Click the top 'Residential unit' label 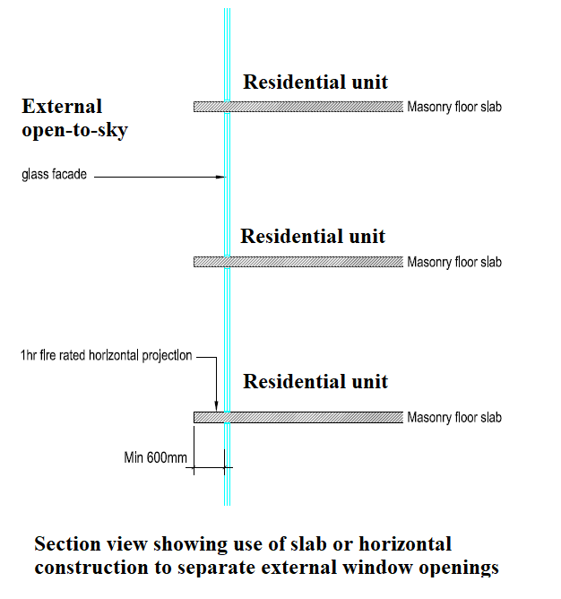[315, 82]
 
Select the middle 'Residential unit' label [313, 236]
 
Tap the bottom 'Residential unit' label [315, 381]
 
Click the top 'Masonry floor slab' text [454, 107]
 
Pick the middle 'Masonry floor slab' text [454, 262]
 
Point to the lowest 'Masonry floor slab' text [454, 417]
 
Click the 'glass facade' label [55, 175]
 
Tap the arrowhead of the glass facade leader [221, 177]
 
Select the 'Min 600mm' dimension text [155, 457]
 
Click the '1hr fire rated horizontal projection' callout [106, 355]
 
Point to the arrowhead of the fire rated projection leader [217, 407]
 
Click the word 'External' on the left [62, 106]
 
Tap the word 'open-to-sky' [75, 130]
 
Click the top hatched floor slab [298, 107]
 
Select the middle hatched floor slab [298, 262]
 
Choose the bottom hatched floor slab [298, 417]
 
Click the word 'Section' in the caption [68, 543]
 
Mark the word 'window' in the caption [377, 568]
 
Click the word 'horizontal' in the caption [405, 543]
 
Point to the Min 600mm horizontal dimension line [210, 467]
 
